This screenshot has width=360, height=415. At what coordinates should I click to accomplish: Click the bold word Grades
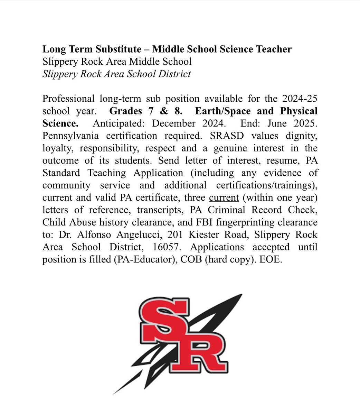[125, 111]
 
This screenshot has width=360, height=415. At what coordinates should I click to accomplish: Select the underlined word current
[224, 198]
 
